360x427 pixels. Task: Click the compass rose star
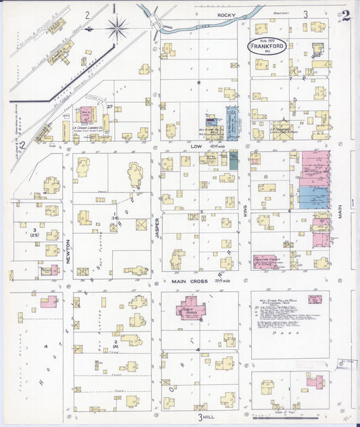coord(118,28)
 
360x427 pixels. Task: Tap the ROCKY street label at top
coord(224,14)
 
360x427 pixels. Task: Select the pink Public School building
coord(194,309)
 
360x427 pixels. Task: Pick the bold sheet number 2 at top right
coord(345,17)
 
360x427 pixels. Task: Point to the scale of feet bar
coord(304,413)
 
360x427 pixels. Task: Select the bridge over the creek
coord(157,24)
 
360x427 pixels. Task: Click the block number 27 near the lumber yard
coord(109,107)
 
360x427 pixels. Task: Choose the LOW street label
coord(197,145)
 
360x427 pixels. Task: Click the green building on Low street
coord(234,160)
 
